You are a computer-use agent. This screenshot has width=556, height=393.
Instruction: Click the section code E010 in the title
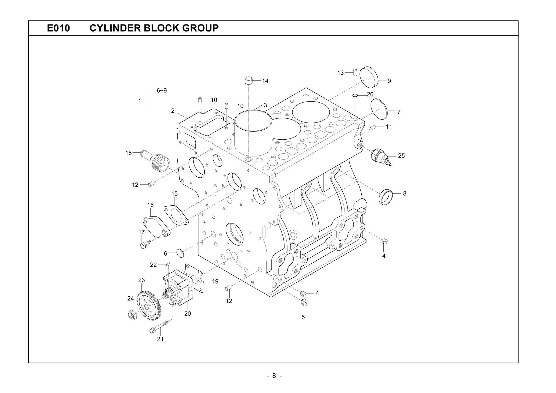[58, 28]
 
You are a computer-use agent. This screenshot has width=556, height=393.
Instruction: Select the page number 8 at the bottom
[274, 376]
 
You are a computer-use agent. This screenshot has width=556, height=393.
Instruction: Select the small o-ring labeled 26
[355, 95]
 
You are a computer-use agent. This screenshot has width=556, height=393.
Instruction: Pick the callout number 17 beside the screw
[141, 232]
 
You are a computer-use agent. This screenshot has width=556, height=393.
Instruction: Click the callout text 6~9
[162, 90]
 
